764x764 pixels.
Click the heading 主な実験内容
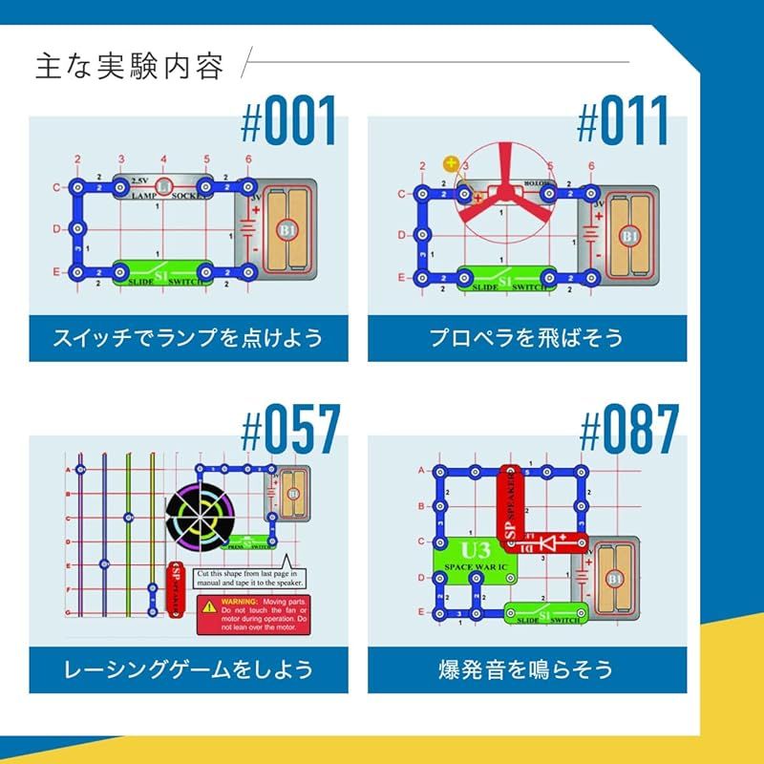[x=130, y=67]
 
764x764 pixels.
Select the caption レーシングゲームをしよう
[x=188, y=669]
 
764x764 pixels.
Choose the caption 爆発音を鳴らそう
[x=526, y=669]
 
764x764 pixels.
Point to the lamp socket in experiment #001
[x=163, y=186]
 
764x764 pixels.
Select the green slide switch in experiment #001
[x=163, y=273]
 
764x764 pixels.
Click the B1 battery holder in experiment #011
[x=629, y=233]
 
